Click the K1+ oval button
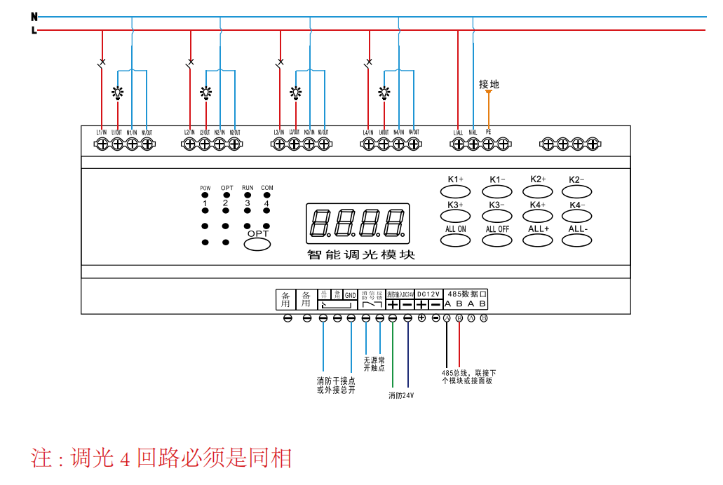point(455,191)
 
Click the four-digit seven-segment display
point(358,224)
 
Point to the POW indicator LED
point(205,196)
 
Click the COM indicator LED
point(266,196)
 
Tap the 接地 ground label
point(489,84)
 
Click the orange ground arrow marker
point(489,92)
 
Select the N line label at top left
point(34,16)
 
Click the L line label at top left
point(34,30)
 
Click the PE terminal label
point(488,132)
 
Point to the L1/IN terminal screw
point(102,144)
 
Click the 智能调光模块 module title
point(361,254)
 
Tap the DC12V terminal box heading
point(428,294)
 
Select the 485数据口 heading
point(466,294)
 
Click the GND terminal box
point(350,295)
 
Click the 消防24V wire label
point(401,395)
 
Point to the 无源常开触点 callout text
point(374,364)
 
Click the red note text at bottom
point(161,458)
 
